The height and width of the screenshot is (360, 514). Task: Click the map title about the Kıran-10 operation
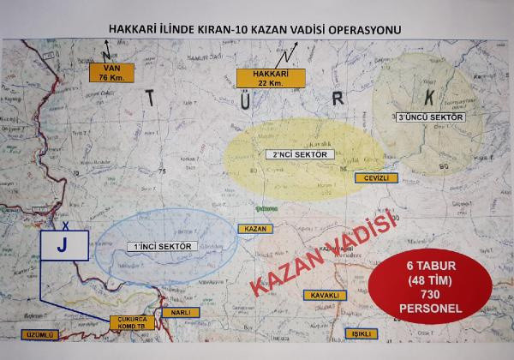[x=256, y=29]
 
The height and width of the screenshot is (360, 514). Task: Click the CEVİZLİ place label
[x=377, y=177]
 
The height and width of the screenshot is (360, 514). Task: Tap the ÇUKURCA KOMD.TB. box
[x=132, y=323]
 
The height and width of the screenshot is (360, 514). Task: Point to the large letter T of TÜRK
[x=152, y=101]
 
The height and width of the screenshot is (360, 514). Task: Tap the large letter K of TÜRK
[x=431, y=94]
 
